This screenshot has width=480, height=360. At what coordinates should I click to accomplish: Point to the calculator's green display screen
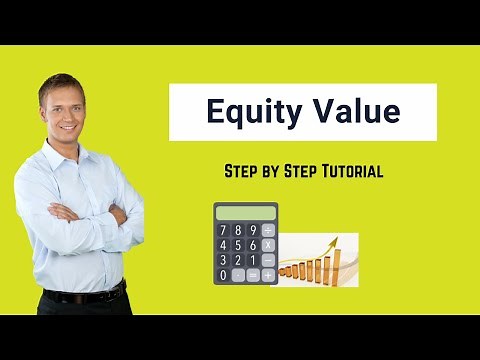[245, 212]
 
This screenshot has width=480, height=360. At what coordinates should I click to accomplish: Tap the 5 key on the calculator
[237, 245]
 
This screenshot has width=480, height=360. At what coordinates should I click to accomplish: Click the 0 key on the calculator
[222, 274]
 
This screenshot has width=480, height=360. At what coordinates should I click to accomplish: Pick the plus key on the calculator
[267, 274]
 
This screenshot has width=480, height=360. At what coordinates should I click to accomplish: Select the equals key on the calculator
[252, 274]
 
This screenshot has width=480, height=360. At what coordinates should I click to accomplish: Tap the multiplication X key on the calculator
[267, 245]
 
